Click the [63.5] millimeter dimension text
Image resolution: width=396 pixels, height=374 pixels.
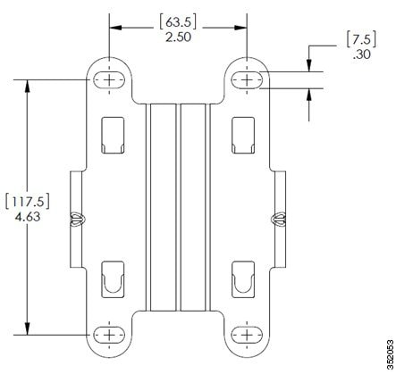(178, 21)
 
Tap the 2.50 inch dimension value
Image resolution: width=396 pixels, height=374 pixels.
(178, 37)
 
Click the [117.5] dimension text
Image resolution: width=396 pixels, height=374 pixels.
(27, 202)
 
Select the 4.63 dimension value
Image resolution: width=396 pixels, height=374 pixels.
(28, 217)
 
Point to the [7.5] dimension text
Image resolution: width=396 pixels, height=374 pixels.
(361, 38)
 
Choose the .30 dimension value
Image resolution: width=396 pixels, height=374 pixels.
(362, 54)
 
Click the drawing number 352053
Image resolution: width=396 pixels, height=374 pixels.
(390, 354)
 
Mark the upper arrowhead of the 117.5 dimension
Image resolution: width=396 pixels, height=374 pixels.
(28, 87)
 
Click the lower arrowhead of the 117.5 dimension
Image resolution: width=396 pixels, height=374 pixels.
(28, 328)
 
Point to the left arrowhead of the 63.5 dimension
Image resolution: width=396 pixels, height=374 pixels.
(116, 28)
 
